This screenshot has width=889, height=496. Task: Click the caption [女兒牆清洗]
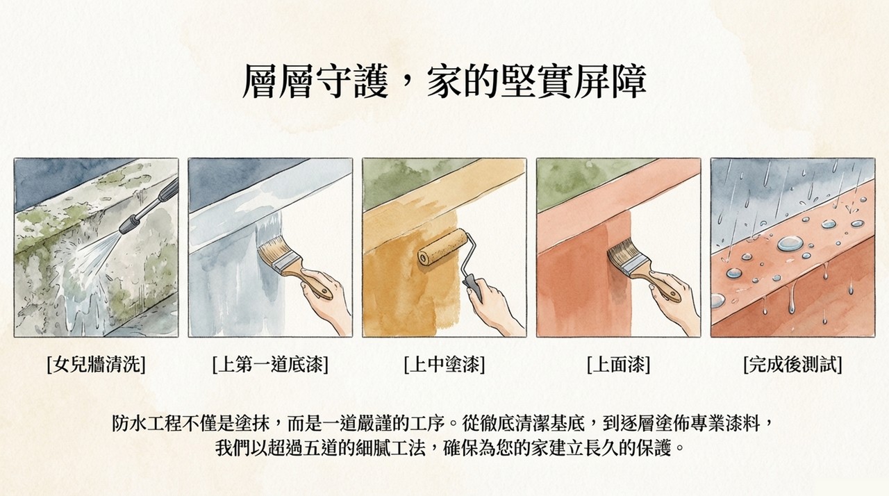pyautogui.click(x=96, y=364)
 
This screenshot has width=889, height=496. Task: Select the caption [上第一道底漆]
pyautogui.click(x=270, y=364)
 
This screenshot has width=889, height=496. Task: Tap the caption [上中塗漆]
pyautogui.click(x=444, y=364)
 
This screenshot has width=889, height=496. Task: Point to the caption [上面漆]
pyautogui.click(x=618, y=364)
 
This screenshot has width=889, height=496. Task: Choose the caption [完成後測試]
pyautogui.click(x=792, y=364)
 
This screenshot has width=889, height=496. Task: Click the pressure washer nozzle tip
pyautogui.click(x=124, y=230)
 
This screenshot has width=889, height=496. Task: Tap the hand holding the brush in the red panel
pyautogui.click(x=674, y=297)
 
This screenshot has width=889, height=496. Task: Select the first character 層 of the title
pyautogui.click(x=260, y=81)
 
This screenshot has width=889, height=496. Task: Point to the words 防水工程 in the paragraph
pyautogui.click(x=147, y=423)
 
